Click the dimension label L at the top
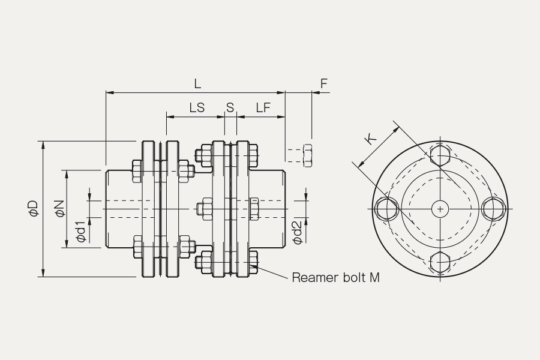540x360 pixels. click(x=197, y=83)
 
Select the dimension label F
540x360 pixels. click(x=324, y=83)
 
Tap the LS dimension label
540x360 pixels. click(x=197, y=108)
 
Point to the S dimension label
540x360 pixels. click(x=230, y=108)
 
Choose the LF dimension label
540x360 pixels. click(x=263, y=108)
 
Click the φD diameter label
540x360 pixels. click(x=34, y=208)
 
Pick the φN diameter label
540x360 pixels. click(x=59, y=209)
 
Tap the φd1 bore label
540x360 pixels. click(x=80, y=232)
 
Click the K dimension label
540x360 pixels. click(x=371, y=140)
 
